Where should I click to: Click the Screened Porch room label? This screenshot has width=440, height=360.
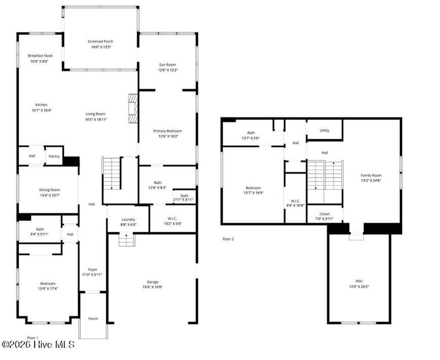(101, 41)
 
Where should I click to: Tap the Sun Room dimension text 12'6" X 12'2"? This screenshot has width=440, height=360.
(168, 70)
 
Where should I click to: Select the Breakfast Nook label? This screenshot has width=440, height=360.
(40, 55)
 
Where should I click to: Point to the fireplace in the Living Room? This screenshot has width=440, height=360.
(133, 108)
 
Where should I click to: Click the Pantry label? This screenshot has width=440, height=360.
(54, 156)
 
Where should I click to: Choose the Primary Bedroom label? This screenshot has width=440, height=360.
(168, 131)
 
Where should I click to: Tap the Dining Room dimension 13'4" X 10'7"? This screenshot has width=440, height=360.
(50, 195)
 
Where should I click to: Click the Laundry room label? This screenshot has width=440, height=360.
(128, 219)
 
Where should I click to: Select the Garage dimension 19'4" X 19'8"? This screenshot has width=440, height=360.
(153, 287)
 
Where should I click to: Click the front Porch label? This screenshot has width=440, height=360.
(93, 319)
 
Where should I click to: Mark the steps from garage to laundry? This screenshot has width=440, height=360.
(126, 240)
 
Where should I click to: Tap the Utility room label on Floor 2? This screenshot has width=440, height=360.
(324, 130)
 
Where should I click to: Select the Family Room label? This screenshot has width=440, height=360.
(371, 175)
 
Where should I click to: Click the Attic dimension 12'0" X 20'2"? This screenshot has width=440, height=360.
(359, 286)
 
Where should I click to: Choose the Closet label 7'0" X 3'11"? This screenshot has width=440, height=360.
(324, 219)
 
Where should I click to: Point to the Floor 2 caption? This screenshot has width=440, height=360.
(228, 239)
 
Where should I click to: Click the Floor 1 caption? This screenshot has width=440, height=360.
(33, 338)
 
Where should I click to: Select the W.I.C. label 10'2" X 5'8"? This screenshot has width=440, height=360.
(172, 224)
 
